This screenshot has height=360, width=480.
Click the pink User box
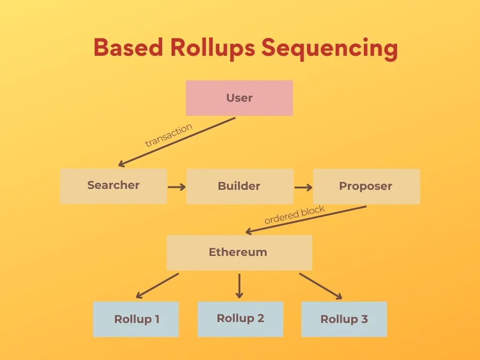tap(239, 98)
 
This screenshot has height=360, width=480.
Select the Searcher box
tap(113, 186)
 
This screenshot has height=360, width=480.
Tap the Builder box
tap(240, 186)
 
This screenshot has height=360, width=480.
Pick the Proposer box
tap(366, 186)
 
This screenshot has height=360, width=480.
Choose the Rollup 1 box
tap(136, 319)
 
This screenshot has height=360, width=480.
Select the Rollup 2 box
tap(240, 319)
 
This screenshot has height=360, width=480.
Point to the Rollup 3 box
tap(344, 319)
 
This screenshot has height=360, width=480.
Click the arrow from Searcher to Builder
tap(177, 187)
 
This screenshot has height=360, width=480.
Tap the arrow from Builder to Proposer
tap(303, 187)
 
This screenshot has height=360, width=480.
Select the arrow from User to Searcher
tap(177, 142)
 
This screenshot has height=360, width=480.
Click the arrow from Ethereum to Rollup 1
tap(157, 285)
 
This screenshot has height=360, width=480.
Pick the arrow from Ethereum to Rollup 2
tap(240, 285)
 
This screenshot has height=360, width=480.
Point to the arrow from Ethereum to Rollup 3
tap(321, 286)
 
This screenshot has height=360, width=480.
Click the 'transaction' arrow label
tap(169, 135)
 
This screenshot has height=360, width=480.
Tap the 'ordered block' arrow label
tap(294, 215)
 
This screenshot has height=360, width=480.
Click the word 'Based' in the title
tap(128, 48)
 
